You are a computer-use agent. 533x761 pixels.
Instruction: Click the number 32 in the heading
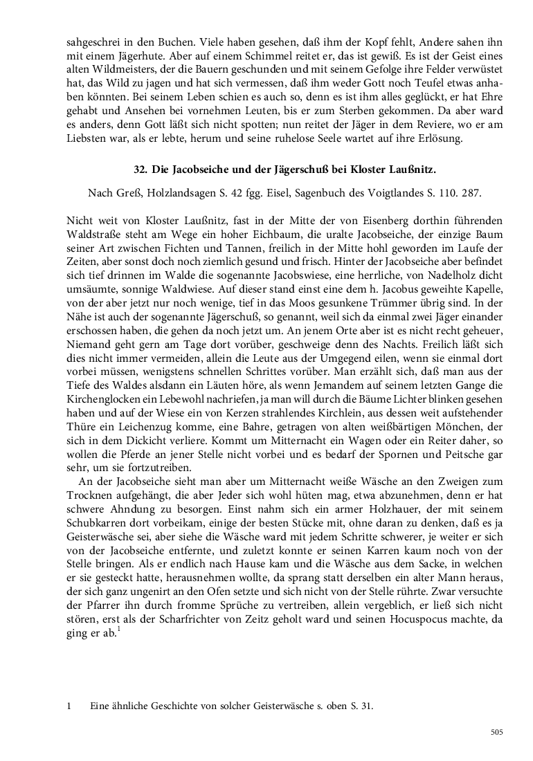(x=139, y=169)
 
